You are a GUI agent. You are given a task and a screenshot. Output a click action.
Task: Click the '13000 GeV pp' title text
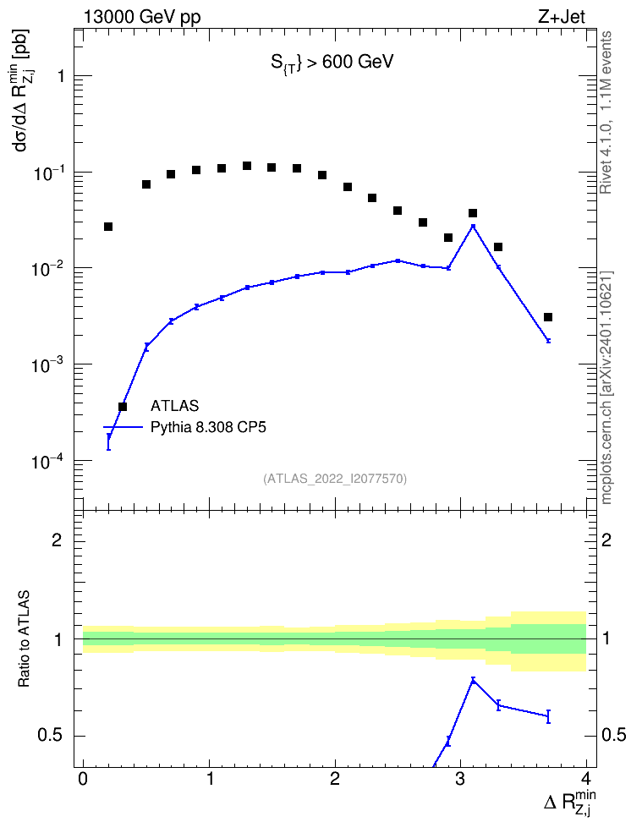[x=142, y=17]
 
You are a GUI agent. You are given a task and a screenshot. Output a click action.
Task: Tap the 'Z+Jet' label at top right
[x=562, y=17]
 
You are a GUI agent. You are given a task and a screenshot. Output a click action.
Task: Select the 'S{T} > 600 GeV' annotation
[x=332, y=63]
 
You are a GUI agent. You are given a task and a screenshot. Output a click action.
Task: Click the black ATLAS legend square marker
[x=123, y=406]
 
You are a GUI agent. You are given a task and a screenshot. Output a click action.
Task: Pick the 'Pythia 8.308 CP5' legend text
[x=208, y=427]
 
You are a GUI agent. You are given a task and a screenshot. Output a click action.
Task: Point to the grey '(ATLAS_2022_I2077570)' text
[x=335, y=478]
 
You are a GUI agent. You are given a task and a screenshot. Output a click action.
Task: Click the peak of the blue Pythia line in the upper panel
[x=473, y=226]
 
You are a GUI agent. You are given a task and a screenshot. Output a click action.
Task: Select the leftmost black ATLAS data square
[x=108, y=227]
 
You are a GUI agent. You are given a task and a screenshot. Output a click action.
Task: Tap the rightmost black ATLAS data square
[x=548, y=317]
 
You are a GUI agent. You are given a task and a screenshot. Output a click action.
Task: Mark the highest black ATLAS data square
[x=246, y=166]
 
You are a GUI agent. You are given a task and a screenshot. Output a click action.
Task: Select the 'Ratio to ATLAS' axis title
[x=24, y=638]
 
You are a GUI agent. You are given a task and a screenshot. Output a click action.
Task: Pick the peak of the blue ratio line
[x=473, y=681]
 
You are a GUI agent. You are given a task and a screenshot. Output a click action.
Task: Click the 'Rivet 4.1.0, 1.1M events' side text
[x=606, y=112]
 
